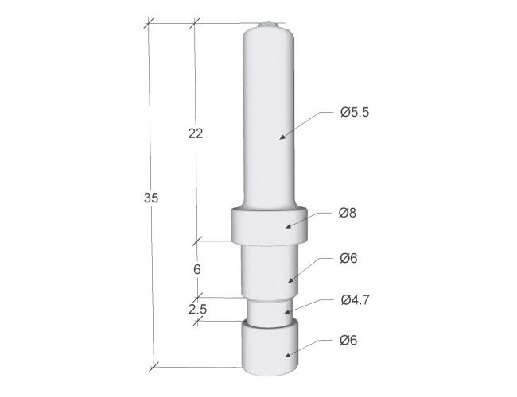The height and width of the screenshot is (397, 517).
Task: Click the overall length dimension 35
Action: (x=151, y=198)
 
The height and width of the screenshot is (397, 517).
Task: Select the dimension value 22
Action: (x=196, y=133)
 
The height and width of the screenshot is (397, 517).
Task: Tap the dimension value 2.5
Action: (x=198, y=309)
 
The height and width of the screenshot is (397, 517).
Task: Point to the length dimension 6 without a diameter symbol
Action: (x=196, y=269)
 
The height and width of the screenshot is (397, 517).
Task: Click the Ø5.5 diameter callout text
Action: (x=355, y=112)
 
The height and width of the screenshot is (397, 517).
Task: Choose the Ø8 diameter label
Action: (x=348, y=213)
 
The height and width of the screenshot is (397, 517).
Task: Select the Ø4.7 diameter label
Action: (x=356, y=300)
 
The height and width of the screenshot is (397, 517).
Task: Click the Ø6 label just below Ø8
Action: (x=348, y=258)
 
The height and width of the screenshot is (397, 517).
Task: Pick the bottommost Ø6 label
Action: (x=348, y=340)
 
